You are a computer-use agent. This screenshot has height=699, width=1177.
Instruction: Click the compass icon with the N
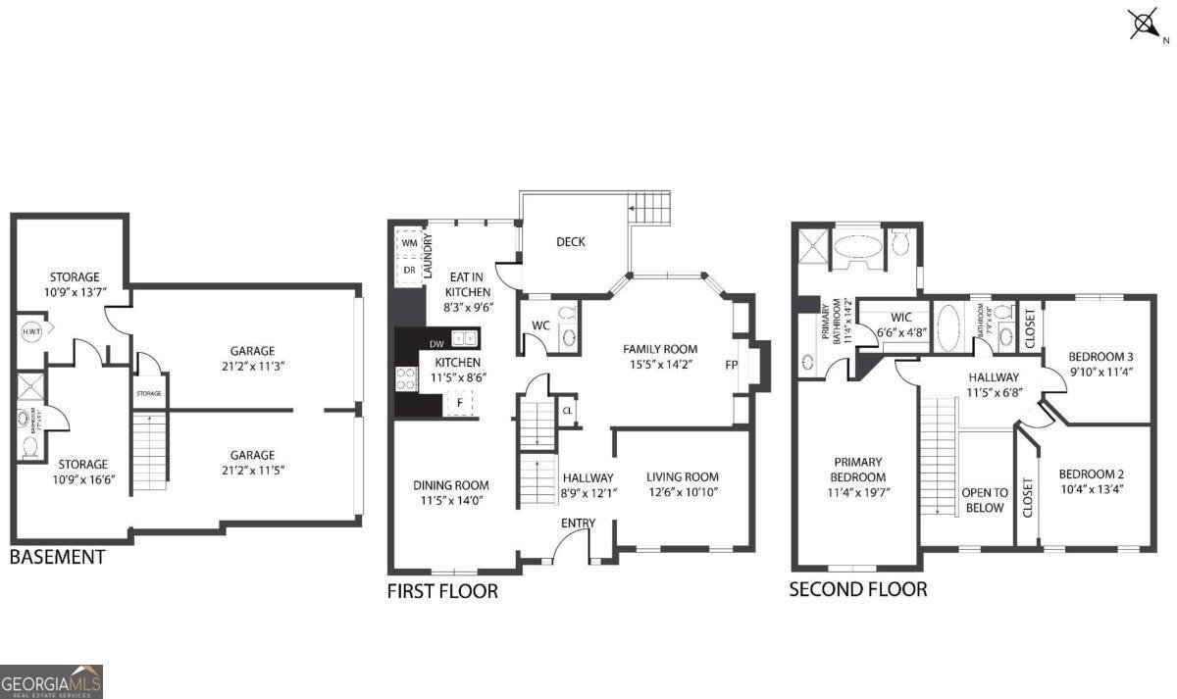click(1143, 25)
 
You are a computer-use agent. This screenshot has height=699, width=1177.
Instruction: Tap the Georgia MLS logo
click(51, 681)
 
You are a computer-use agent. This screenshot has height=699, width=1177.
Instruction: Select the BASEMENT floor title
click(57, 557)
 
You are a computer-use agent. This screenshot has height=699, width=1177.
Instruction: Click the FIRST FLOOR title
click(442, 591)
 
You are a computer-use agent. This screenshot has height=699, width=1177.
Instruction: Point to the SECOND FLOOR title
click(858, 589)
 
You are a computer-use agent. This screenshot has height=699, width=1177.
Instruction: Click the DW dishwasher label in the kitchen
click(437, 343)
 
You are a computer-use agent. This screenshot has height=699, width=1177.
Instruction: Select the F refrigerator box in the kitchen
click(459, 401)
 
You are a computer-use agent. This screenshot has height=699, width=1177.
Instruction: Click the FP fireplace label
click(731, 365)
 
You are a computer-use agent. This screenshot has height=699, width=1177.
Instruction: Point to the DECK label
click(571, 241)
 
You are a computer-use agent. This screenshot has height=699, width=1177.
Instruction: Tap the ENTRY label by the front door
click(578, 523)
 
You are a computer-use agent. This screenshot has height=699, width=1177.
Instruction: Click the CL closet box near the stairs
click(567, 411)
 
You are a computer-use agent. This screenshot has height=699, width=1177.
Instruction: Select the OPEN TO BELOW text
click(985, 500)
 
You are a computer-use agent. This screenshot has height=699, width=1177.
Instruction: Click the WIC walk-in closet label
click(901, 318)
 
